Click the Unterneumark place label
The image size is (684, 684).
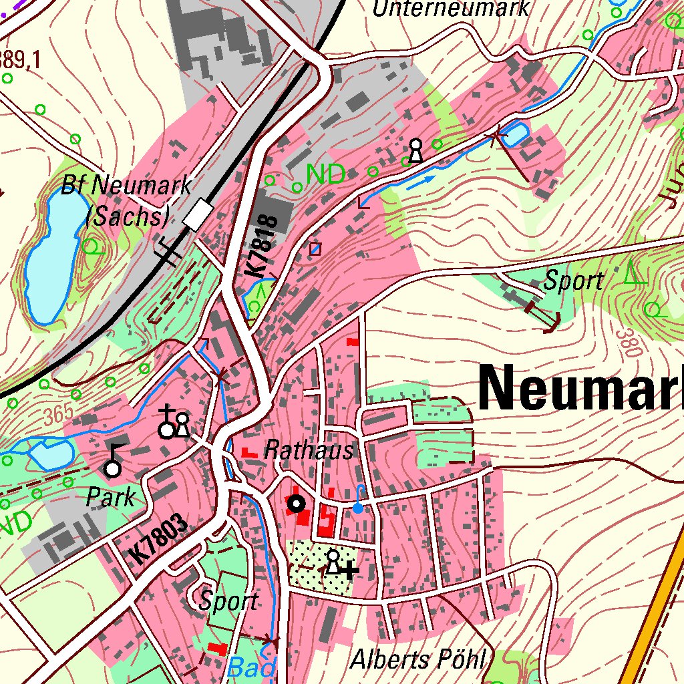point(451,9)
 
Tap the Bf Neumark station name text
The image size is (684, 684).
point(126,185)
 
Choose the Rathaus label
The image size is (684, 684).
point(309,450)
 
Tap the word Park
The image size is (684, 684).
point(110,496)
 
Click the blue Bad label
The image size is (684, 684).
point(252,667)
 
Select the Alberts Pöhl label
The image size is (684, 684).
point(417,659)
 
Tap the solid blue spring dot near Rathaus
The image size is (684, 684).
point(358,508)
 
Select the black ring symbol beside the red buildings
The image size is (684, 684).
point(296,504)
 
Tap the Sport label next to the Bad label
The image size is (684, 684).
point(228,601)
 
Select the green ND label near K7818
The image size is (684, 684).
point(325,174)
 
